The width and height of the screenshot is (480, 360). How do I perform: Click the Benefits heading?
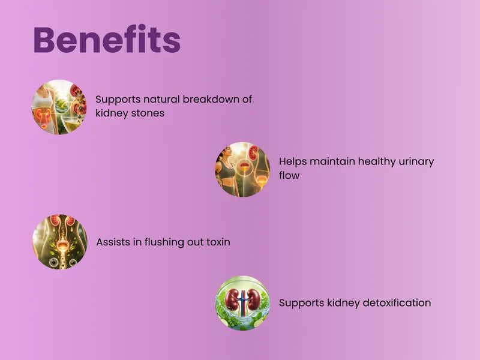[x=107, y=40]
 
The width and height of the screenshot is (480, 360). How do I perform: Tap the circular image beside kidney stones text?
[x=59, y=107]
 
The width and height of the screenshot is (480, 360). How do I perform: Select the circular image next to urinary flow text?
[x=242, y=169]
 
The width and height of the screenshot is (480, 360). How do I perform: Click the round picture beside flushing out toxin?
[x=60, y=242]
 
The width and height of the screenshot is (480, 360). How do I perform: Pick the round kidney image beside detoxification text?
[x=243, y=303]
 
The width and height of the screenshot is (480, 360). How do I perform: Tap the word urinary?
[x=416, y=162]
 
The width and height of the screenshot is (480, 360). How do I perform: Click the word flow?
[x=289, y=175]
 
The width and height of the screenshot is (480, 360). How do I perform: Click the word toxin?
[x=218, y=242]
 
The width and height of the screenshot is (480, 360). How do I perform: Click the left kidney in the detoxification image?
[x=232, y=298]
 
